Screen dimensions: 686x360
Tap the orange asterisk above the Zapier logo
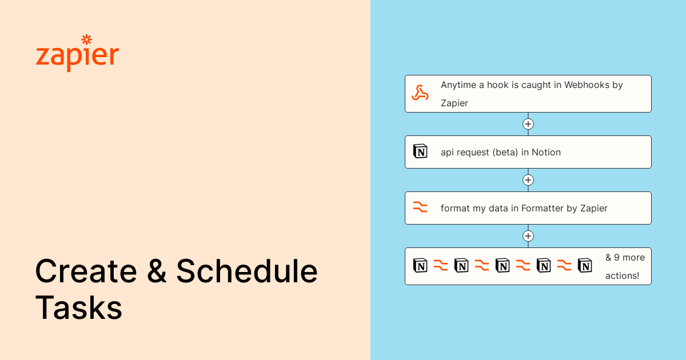87,39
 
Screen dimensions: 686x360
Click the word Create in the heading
86,271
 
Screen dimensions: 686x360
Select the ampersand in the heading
157,271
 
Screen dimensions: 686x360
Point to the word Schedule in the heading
247,271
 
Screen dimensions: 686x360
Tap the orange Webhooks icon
420,93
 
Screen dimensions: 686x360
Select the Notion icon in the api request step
420,151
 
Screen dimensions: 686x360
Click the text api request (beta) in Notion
500,152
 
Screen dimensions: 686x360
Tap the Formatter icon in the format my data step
420,207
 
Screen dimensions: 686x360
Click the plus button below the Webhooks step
528,124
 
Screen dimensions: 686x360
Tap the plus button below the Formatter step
528,236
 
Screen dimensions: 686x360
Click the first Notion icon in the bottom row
420,265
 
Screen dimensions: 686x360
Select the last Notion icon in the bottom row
585,265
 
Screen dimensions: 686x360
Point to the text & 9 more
625,258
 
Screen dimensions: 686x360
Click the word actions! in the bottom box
622,275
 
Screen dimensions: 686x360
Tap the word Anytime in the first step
458,85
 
